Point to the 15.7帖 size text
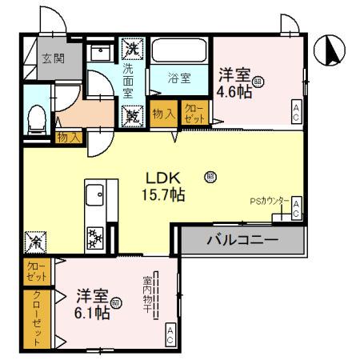pyautogui.click(x=165, y=194)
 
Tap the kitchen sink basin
pyautogui.click(x=94, y=194)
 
